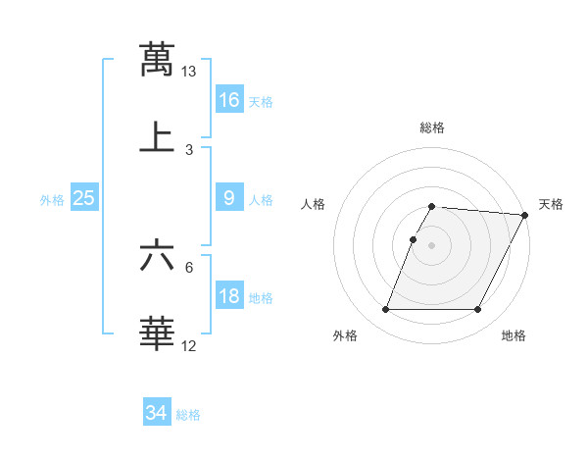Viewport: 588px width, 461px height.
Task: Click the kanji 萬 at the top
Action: [157, 59]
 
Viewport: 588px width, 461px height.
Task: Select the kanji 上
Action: [157, 137]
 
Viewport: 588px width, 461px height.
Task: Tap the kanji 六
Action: [157, 257]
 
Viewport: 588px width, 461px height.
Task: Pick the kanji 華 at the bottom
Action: [157, 333]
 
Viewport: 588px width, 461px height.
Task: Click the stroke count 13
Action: [189, 72]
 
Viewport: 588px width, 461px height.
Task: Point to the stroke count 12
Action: [189, 345]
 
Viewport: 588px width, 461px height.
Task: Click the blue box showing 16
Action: [229, 99]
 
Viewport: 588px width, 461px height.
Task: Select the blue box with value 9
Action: [229, 198]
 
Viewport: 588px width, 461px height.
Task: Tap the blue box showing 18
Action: [229, 296]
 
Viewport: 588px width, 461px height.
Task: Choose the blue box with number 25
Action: [84, 198]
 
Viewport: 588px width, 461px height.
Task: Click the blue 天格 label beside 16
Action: [261, 101]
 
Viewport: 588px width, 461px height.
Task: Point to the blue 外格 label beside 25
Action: [52, 200]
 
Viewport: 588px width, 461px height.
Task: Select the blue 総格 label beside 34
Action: [188, 415]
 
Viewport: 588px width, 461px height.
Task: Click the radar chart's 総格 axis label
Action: [432, 128]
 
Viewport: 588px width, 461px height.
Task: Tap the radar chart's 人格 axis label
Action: [314, 204]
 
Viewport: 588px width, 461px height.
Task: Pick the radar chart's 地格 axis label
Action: [514, 336]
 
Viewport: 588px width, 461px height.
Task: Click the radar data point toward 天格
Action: [525, 215]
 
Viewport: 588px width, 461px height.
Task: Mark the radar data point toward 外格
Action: [385, 310]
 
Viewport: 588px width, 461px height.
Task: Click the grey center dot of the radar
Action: [432, 243]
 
